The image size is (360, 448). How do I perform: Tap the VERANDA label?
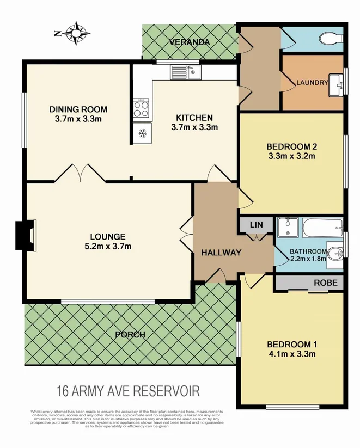pyautogui.click(x=188, y=42)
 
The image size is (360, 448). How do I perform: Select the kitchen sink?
pyautogui.click(x=185, y=71)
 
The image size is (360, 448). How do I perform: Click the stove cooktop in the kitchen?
pyautogui.click(x=141, y=109)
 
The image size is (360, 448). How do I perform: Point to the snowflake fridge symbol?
pyautogui.click(x=143, y=132)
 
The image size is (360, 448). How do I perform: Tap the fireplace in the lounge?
pyautogui.click(x=26, y=235)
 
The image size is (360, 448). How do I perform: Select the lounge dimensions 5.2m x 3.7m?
pyautogui.click(x=108, y=247)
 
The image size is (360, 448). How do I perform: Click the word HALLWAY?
pyautogui.click(x=221, y=253)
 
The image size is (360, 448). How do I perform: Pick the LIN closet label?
pyautogui.click(x=255, y=225)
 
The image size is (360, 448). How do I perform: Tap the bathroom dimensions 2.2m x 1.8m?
pyautogui.click(x=308, y=259)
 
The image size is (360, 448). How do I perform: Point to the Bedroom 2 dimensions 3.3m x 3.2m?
pyautogui.click(x=291, y=156)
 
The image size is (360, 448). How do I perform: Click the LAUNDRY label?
pyautogui.click(x=312, y=83)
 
